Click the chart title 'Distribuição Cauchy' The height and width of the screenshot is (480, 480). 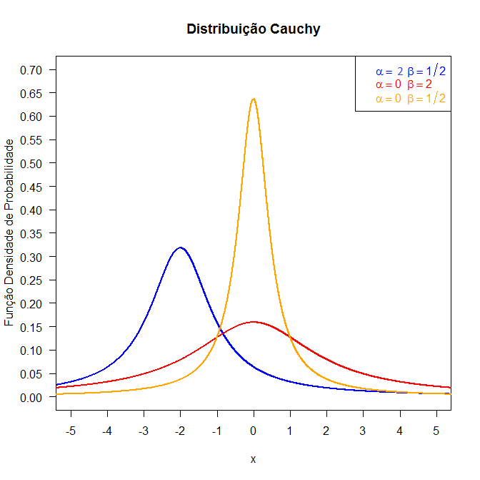point(254,29)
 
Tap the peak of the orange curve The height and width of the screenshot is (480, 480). point(254,99)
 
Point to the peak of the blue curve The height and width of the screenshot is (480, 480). point(180,248)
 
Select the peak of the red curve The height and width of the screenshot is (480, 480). point(254,322)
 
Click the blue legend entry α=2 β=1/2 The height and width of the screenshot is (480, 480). point(411,71)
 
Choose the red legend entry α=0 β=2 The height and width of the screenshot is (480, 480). point(404,84)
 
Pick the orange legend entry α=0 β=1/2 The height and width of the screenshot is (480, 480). point(411,99)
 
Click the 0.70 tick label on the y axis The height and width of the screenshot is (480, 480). point(32,70)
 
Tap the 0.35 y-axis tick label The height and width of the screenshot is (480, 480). point(32,234)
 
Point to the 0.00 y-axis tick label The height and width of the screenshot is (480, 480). point(32,398)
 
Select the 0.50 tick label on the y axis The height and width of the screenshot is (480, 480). point(32,164)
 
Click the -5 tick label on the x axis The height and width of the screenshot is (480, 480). point(70,431)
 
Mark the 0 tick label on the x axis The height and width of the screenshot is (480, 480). point(254,431)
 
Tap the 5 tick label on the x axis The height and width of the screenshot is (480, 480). point(436,431)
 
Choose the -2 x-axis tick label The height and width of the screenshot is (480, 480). point(180,431)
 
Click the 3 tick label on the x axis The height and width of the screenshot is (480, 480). point(364,431)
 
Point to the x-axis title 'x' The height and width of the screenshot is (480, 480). point(254,459)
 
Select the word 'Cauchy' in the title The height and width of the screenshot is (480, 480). point(296,29)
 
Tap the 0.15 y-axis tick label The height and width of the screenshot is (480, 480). point(32,328)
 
